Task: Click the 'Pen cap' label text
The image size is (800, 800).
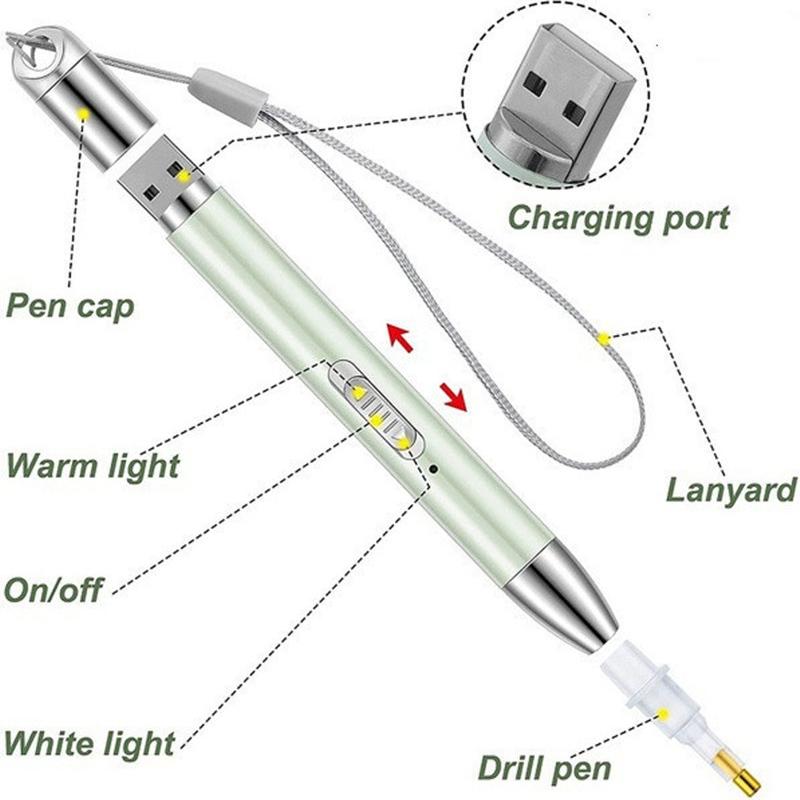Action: pos(69,306)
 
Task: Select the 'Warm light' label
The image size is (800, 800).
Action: pos(92,465)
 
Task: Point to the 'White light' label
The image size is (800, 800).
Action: pos(89,743)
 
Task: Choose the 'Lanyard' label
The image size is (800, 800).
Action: pos(731,491)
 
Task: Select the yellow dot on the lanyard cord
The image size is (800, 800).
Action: pos(603,339)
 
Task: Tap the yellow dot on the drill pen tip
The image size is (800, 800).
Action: pos(663,714)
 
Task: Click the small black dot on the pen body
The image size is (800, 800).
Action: pos(433,466)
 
